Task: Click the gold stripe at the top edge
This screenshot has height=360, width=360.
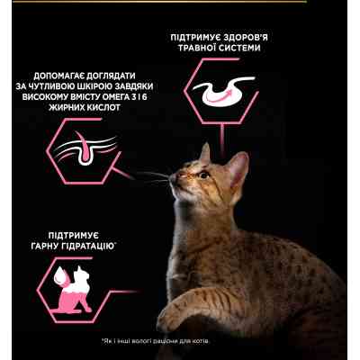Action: [180, 2]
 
